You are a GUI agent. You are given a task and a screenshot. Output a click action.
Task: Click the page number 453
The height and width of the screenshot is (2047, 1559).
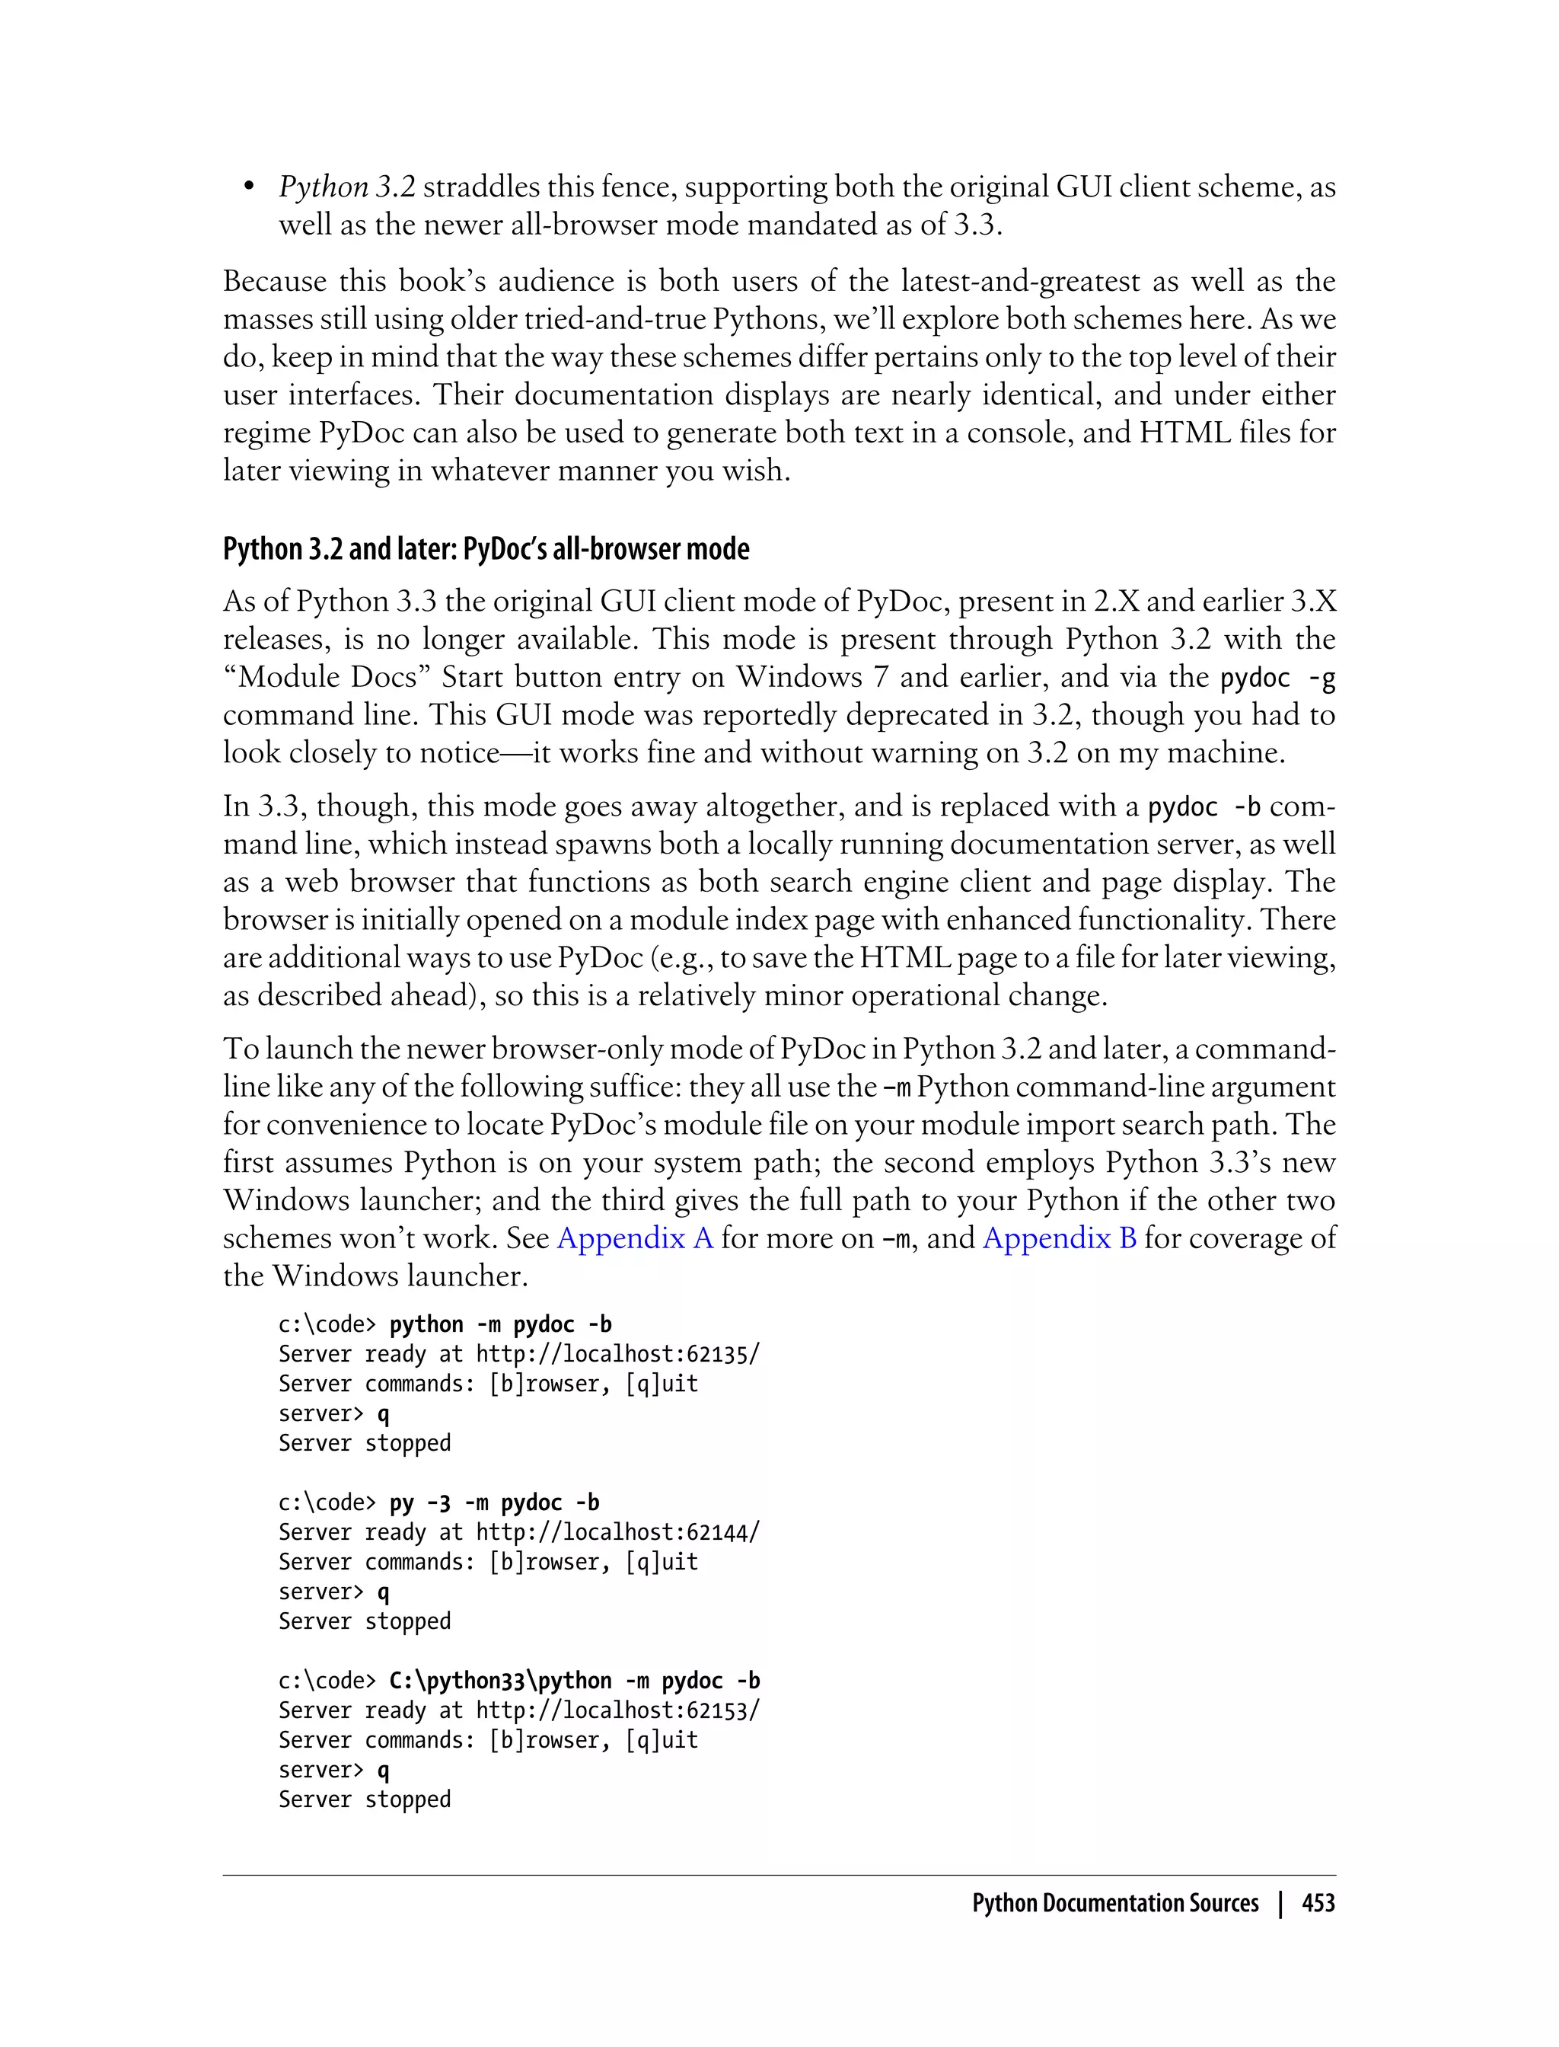click(1318, 1903)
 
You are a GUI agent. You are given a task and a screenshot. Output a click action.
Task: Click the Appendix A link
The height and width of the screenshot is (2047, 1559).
click(635, 1238)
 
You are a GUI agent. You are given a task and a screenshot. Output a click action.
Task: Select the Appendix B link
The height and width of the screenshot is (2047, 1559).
click(1059, 1238)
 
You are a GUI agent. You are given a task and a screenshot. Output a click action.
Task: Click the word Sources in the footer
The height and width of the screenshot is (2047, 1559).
click(1223, 1903)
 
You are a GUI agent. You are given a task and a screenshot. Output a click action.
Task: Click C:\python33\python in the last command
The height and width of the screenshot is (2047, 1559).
click(500, 1681)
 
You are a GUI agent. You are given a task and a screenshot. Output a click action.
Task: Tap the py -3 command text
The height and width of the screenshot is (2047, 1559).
click(419, 1503)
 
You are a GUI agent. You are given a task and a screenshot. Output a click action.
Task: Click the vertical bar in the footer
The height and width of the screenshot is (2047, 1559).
click(1280, 1903)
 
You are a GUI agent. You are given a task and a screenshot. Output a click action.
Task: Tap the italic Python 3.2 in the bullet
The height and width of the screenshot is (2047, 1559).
click(347, 187)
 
